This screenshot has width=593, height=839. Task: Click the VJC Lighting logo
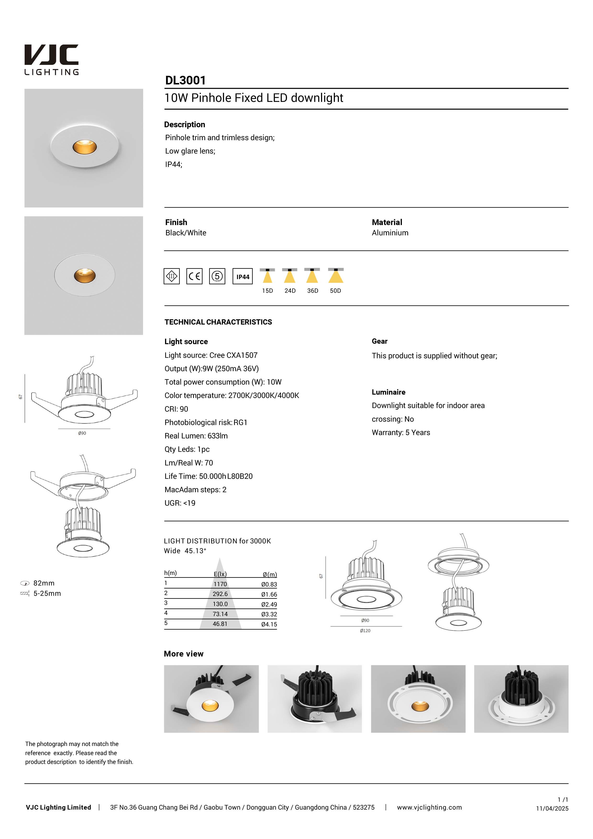(51, 60)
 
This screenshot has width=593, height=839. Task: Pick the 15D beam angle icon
(267, 276)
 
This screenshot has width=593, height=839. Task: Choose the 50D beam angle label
(335, 291)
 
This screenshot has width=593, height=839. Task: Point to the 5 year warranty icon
(217, 276)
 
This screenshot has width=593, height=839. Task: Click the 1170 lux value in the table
(220, 584)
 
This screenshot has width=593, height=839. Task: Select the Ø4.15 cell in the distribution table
(269, 624)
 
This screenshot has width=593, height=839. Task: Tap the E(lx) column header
(220, 574)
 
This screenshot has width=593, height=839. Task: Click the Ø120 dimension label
(365, 631)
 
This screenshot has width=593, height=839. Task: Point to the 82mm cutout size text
(44, 583)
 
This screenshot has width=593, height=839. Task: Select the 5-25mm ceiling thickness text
(47, 593)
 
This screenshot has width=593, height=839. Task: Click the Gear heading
(380, 341)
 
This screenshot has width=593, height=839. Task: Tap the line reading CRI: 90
(176, 409)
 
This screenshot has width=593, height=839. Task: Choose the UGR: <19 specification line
(180, 503)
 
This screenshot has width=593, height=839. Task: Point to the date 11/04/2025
(552, 809)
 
